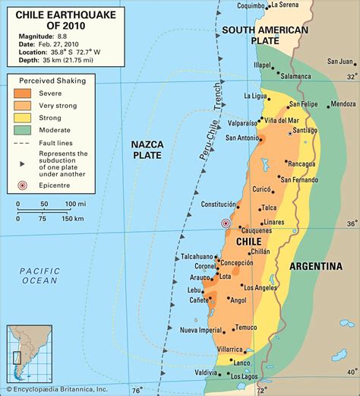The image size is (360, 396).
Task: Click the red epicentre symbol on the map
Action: pos(225,223)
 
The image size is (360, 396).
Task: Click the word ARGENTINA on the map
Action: pos(314,266)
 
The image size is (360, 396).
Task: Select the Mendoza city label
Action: pos(343,103)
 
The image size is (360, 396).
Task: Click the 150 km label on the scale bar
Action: pos(73,219)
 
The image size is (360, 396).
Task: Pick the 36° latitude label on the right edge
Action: pos(350,223)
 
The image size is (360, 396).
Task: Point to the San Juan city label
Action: pos(339,62)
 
